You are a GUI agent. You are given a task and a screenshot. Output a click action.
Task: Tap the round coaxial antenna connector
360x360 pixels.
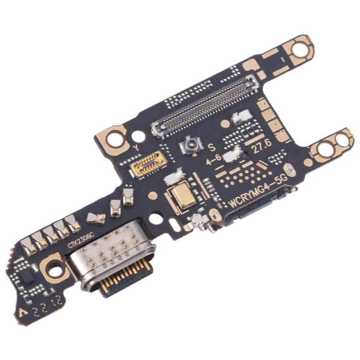[190, 145]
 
